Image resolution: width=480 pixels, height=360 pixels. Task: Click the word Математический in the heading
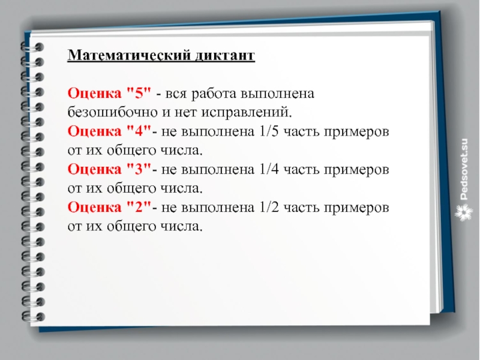[127, 55]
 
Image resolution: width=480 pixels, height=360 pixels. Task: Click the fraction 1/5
[269, 131]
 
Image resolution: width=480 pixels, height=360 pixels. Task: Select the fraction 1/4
[269, 169]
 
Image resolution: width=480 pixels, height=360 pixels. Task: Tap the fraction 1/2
[269, 207]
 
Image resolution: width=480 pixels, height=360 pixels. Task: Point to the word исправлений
[247, 113]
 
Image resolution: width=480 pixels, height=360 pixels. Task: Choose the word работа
[214, 94]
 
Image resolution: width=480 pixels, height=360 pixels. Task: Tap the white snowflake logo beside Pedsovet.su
[463, 213]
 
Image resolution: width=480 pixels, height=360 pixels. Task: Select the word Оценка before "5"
[94, 93]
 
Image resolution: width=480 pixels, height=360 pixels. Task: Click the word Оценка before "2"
[94, 207]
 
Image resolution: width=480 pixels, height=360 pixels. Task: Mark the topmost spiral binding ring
[32, 47]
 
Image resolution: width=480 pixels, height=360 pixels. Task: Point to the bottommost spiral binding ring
[33, 317]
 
